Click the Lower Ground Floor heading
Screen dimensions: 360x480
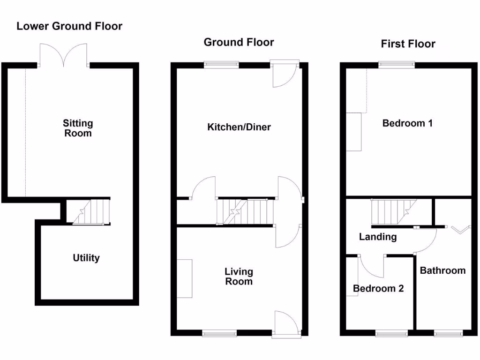click(69, 26)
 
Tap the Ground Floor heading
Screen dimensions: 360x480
click(239, 42)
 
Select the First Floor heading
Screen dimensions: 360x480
click(408, 44)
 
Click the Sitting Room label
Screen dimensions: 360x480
click(78, 128)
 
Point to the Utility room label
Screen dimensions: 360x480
click(86, 258)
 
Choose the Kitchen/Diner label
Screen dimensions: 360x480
click(239, 127)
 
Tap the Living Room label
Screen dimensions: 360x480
click(239, 277)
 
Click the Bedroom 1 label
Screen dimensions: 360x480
click(407, 123)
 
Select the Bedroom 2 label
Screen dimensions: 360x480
click(378, 288)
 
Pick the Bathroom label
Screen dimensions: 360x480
click(442, 270)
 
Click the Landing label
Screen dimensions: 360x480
click(377, 237)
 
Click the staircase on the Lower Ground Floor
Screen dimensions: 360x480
click(88, 211)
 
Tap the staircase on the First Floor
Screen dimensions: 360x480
click(393, 211)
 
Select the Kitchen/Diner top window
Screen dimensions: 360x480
click(221, 65)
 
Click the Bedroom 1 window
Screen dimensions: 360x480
click(397, 65)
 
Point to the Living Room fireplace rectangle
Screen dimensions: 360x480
click(184, 278)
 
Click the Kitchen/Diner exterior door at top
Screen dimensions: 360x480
click(285, 74)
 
